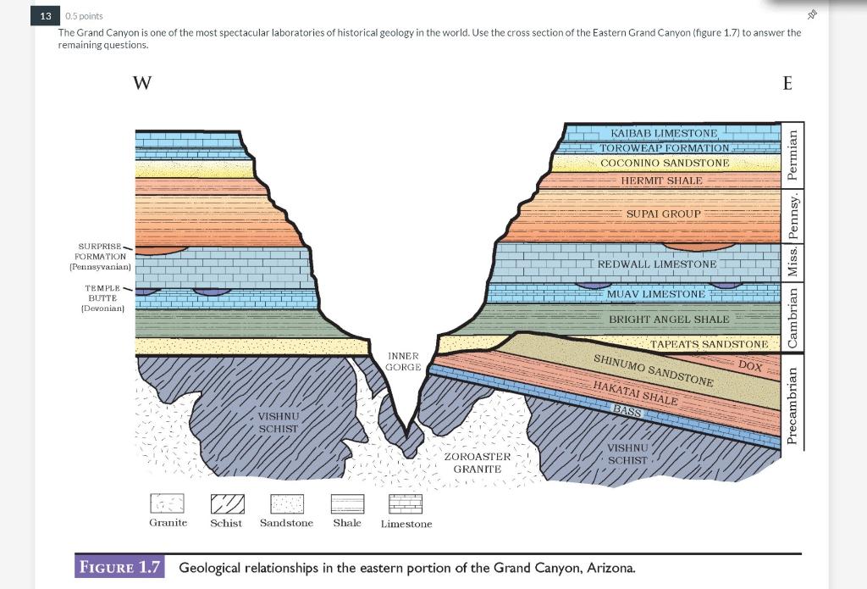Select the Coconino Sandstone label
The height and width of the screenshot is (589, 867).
point(664,163)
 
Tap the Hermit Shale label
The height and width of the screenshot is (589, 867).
point(661,181)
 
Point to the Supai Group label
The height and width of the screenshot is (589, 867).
point(663,214)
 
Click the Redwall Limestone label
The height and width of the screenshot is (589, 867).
point(657,264)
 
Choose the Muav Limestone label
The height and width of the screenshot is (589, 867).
point(655,294)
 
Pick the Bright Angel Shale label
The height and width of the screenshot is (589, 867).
point(668,320)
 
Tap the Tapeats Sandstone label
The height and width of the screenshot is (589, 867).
point(709,344)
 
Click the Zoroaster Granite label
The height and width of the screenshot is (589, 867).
point(477,463)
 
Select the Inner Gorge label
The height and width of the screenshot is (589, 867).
point(403,362)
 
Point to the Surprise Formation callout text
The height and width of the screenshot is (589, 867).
point(100,256)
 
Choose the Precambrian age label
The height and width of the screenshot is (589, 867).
point(792,405)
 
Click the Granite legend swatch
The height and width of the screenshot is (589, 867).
point(167,504)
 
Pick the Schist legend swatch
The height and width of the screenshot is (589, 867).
point(227,504)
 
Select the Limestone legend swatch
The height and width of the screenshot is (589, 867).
point(406,504)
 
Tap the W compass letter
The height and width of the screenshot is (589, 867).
point(142,83)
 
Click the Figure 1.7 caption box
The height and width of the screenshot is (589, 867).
point(121,567)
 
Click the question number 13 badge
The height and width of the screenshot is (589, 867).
point(45,16)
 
